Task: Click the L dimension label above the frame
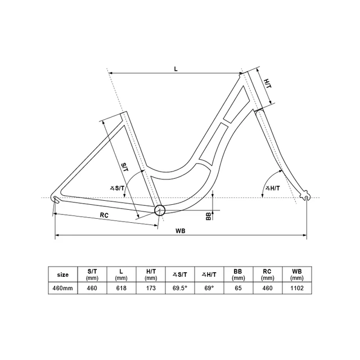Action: click(x=175, y=69)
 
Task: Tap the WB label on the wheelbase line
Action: click(x=181, y=231)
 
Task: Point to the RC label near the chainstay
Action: click(x=104, y=215)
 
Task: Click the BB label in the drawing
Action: click(x=208, y=216)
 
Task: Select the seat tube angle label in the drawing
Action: click(x=117, y=188)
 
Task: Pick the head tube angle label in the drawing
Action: click(x=273, y=188)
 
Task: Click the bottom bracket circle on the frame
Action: click(x=160, y=210)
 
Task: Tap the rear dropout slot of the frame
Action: click(x=56, y=200)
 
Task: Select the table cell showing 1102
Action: click(x=297, y=288)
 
